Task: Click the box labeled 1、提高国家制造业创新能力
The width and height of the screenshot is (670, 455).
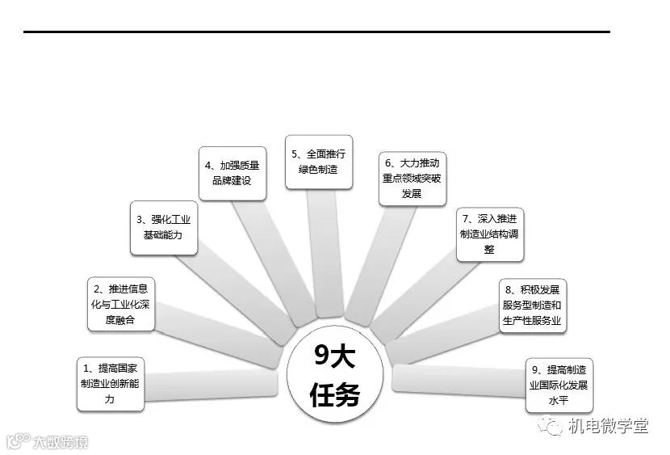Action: coord(110,382)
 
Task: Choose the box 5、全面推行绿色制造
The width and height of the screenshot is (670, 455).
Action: coord(319,162)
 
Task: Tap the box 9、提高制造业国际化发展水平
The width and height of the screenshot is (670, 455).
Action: coord(559,383)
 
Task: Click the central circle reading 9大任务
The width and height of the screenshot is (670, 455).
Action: coord(333,376)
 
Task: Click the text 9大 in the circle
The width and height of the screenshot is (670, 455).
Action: coord(333,356)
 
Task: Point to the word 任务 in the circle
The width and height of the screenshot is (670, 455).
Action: coord(333,394)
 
